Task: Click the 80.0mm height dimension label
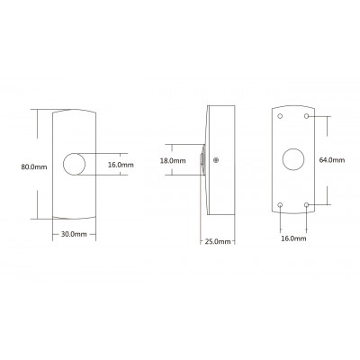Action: (34, 166)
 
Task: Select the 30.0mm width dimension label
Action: (74, 234)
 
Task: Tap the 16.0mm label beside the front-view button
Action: (121, 165)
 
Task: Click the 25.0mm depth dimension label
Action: (218, 241)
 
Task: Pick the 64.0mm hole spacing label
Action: (332, 160)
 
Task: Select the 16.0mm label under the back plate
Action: (293, 238)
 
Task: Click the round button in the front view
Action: (74, 164)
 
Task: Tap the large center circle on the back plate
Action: (293, 159)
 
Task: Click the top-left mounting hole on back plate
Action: (280, 116)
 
